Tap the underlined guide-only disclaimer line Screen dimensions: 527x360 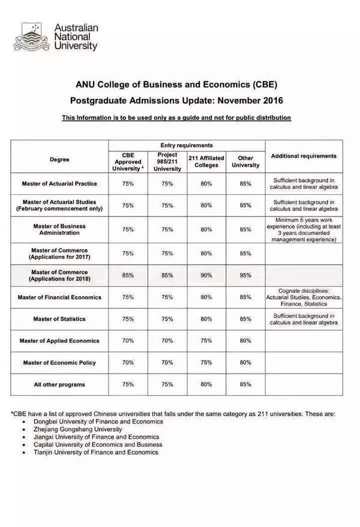click(176, 118)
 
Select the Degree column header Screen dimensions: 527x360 click(59, 160)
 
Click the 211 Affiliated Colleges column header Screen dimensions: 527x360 click(206, 161)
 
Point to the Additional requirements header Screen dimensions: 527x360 click(304, 156)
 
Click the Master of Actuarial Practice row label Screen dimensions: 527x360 click(59, 183)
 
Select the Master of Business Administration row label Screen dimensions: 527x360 click(59, 229)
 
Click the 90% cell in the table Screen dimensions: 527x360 click(206, 275)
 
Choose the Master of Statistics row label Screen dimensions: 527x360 click(59, 319)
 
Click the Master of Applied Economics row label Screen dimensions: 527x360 click(59, 341)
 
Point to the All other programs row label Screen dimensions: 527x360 click(59, 384)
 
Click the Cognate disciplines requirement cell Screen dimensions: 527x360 click(304, 297)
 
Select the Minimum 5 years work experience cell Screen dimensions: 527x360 click(304, 229)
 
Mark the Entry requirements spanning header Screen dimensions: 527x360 click(187, 145)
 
